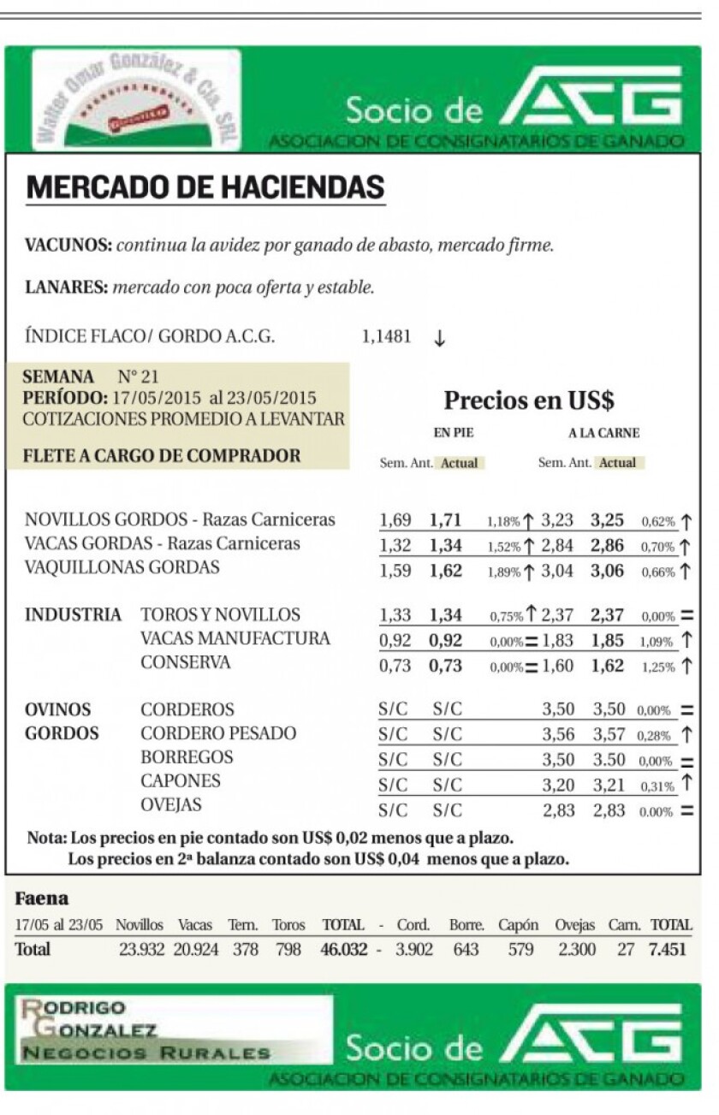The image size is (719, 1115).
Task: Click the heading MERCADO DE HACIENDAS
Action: coord(205,187)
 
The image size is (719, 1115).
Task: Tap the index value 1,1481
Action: coord(386,337)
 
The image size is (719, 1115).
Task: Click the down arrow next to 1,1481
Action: coord(439,338)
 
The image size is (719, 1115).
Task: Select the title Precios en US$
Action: coord(529,400)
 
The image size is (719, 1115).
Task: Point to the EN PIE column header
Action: coord(454,434)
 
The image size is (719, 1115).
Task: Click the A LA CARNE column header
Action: coord(603,434)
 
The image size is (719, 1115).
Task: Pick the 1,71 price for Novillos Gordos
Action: coord(445,520)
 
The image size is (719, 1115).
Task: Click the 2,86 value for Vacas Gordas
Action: coord(607,544)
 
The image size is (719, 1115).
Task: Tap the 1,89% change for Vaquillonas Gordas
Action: coord(503,572)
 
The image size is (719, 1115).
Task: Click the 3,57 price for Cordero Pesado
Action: coord(609,734)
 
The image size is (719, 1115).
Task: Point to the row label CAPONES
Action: coord(181,781)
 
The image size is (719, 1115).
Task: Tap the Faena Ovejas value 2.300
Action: coord(577,950)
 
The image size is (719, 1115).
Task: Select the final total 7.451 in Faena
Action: coord(668,950)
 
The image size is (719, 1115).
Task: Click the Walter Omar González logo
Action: coord(137,101)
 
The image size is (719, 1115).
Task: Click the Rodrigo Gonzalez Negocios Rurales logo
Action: coord(171,1029)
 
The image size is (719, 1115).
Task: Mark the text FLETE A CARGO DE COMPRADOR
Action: coord(162,456)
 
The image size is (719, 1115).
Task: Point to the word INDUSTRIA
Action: coord(73,615)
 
